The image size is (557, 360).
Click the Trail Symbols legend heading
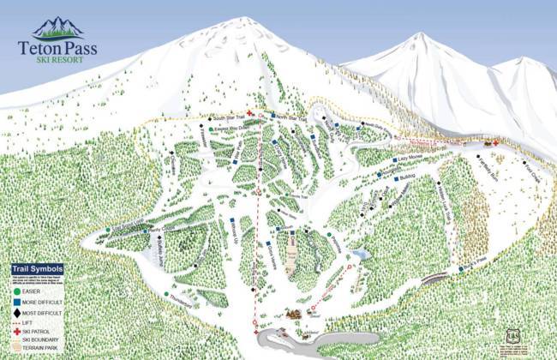point(40,268)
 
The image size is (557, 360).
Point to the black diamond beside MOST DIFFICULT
point(17,314)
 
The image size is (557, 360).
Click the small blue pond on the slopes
point(362,255)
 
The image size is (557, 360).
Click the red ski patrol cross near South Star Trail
point(249,114)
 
